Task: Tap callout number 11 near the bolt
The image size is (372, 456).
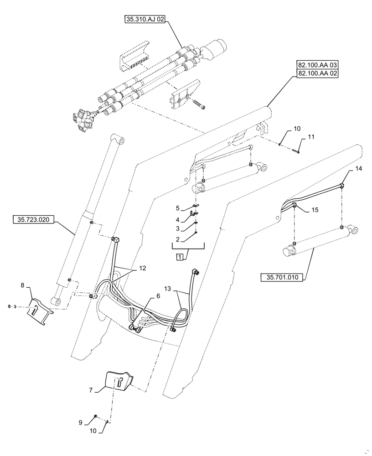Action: coord(311,137)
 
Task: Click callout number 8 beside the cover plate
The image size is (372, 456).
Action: coord(23,285)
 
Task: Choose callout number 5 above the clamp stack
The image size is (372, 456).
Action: coord(178,208)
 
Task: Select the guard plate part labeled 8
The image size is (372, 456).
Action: coord(40,311)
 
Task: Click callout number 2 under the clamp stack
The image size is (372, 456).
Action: coord(178,239)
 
